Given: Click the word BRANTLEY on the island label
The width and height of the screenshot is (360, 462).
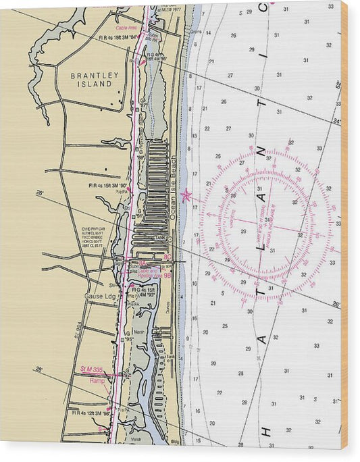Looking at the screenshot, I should click(x=95, y=76).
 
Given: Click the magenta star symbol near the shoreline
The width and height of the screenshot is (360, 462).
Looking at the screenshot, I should click(x=186, y=197).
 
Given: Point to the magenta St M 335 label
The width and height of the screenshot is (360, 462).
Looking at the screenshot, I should click(x=91, y=369).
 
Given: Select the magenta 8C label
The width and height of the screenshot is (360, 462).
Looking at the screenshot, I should click(x=168, y=257).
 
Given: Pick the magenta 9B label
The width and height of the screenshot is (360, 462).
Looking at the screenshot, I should click(x=168, y=275).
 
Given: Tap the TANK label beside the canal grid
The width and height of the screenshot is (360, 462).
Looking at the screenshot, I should click(x=159, y=238).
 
